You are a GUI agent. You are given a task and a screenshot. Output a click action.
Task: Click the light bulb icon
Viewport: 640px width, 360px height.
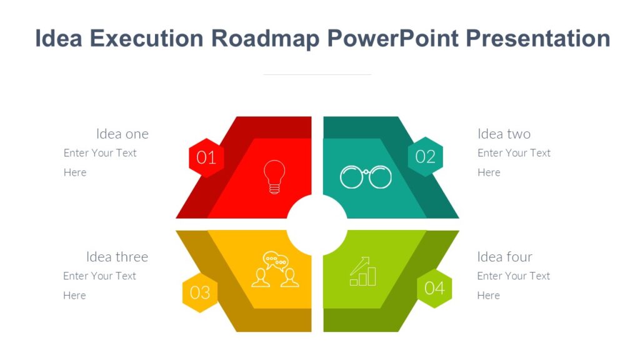274,177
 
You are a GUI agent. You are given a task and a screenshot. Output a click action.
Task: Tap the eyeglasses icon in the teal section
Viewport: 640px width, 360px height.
366,177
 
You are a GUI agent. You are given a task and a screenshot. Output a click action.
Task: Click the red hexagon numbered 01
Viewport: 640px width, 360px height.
206,157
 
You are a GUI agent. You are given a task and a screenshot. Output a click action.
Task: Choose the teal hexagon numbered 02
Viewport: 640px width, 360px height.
425,156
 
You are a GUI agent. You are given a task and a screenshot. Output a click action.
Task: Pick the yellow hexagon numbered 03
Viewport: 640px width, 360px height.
200,292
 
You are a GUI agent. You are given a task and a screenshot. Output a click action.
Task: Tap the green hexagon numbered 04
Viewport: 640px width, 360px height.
434,288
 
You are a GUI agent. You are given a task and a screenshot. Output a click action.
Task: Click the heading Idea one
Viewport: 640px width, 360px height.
122,134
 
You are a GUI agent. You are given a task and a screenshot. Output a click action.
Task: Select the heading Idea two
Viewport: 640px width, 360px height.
504,134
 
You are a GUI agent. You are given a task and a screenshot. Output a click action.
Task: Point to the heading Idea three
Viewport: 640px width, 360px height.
117,257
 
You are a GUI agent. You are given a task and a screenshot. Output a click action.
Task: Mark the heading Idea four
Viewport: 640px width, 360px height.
504,257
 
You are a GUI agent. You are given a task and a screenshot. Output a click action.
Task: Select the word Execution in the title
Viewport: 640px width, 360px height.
147,39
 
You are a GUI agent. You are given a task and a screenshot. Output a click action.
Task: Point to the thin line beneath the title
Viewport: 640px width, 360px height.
317,74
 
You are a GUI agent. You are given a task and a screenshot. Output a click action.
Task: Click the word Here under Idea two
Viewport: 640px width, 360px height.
489,172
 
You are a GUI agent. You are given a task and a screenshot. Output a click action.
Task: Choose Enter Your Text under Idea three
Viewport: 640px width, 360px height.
99,276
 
